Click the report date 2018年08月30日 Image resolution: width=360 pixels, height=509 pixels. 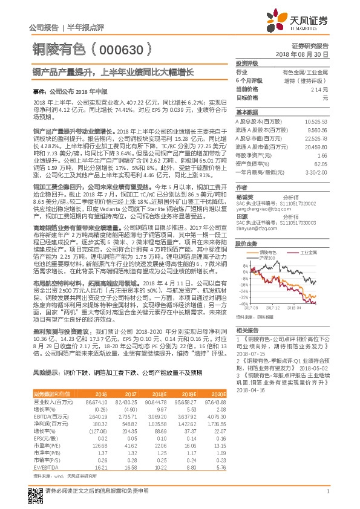pyautogui.click(x=306, y=54)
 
